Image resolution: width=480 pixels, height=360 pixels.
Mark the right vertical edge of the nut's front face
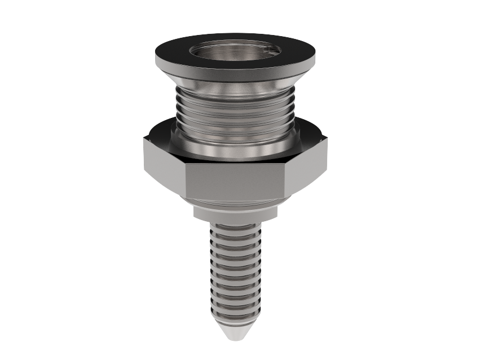tap(287, 181)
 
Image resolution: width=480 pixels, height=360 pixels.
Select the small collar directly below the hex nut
tap(236, 212)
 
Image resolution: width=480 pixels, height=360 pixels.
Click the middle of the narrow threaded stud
tap(236, 271)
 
